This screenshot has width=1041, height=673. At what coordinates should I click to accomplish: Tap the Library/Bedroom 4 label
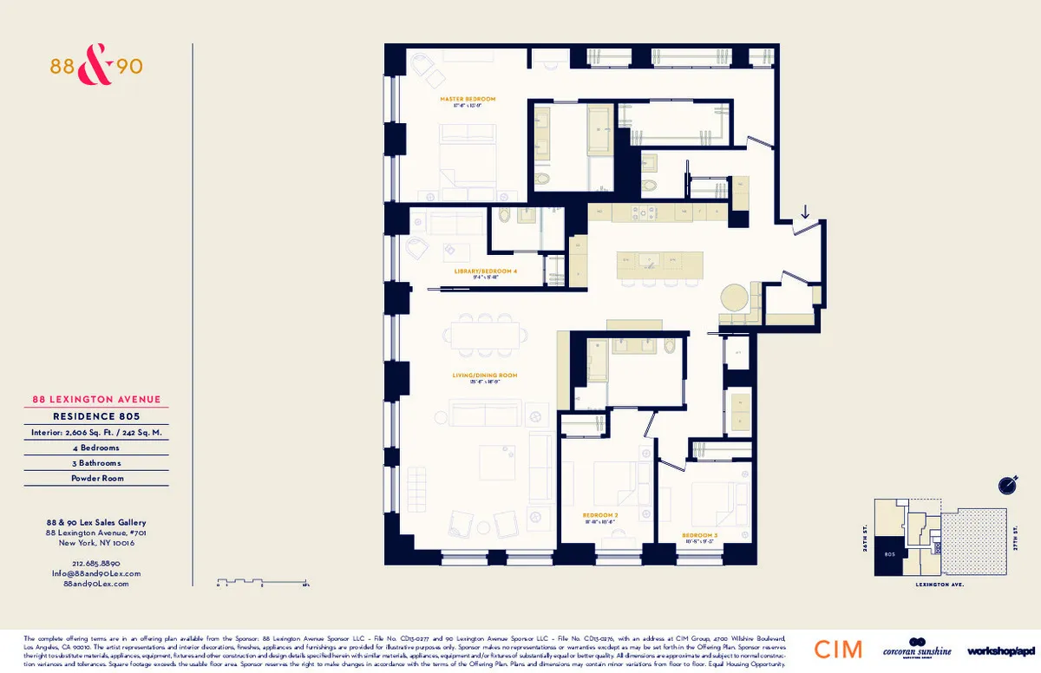coord(485,271)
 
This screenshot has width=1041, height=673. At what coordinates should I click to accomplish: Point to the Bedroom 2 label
coord(599,515)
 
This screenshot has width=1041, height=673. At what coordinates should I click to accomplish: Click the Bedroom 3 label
coord(699,535)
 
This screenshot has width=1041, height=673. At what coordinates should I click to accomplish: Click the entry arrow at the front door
coord(805,212)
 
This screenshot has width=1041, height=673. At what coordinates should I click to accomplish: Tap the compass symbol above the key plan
coord(1006,483)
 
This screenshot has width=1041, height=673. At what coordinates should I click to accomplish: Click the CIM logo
coord(838,649)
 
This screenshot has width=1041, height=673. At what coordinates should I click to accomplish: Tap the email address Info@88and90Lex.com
coord(95,573)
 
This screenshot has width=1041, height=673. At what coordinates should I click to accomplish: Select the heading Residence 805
coord(95,415)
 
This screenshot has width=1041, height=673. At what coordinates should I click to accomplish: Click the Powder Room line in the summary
coord(95,478)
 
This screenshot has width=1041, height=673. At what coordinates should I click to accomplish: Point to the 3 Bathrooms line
coord(95,463)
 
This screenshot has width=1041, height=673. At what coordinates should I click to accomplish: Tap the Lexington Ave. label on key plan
coord(940,585)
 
